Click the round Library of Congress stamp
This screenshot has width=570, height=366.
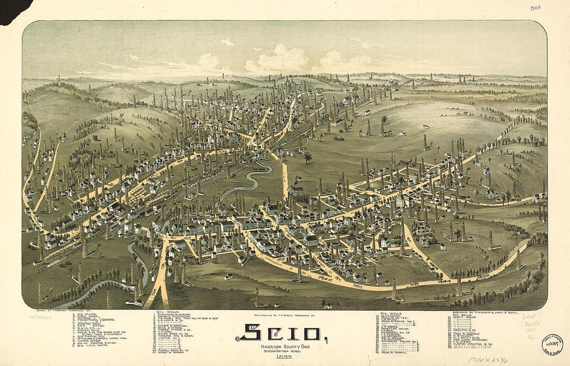pos(552,344)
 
